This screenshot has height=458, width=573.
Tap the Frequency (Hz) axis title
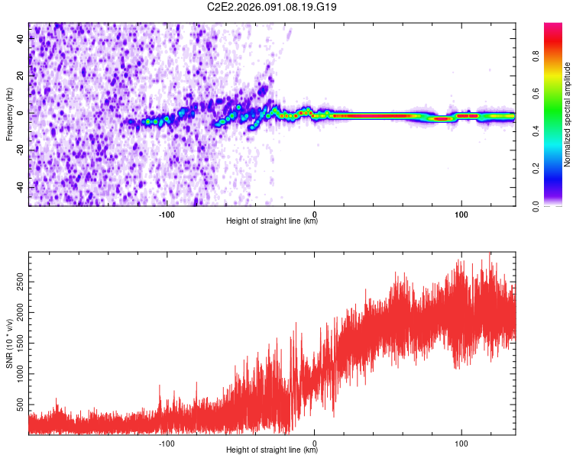coord(9,114)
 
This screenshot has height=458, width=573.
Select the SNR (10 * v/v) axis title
coord(9,344)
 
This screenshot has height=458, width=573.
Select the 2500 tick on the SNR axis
coord(21,282)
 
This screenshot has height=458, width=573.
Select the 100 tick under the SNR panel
coord(461,442)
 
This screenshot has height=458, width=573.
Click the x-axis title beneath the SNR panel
coord(272,450)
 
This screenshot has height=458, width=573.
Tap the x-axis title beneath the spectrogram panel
coord(272,221)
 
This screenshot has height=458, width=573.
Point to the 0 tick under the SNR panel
coord(315,442)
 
